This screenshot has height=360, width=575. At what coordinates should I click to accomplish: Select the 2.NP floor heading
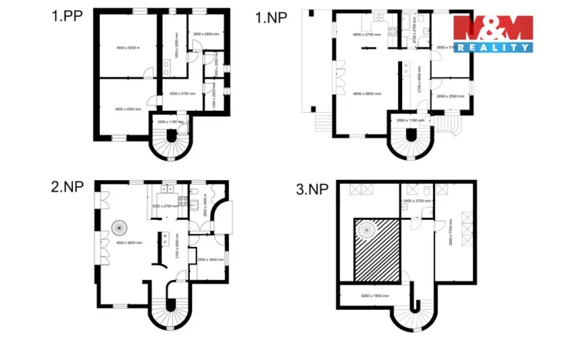click(67, 187)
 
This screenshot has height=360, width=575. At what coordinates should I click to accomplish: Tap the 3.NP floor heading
click(314, 187)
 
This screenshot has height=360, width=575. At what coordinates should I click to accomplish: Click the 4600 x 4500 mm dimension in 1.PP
click(125, 109)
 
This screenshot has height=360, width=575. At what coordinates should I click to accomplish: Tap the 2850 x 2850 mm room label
click(207, 35)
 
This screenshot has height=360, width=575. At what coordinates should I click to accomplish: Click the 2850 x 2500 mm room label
click(450, 96)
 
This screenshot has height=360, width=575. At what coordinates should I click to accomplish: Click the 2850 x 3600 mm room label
click(211, 259)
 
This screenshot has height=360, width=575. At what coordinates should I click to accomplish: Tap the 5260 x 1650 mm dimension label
click(374, 295)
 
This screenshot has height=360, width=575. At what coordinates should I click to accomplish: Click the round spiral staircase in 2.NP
click(121, 228)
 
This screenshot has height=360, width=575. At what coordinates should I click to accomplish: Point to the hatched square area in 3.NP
click(376, 248)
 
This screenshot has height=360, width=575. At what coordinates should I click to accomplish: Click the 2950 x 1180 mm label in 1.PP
click(171, 122)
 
